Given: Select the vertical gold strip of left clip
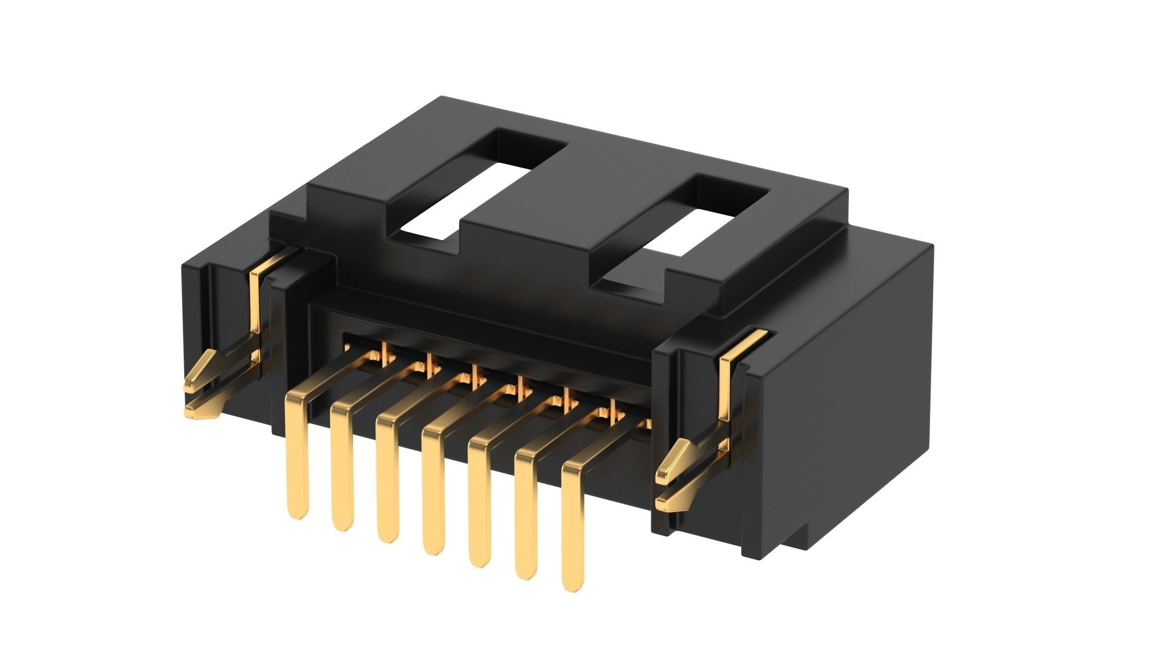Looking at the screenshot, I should pyautogui.click(x=255, y=307).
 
